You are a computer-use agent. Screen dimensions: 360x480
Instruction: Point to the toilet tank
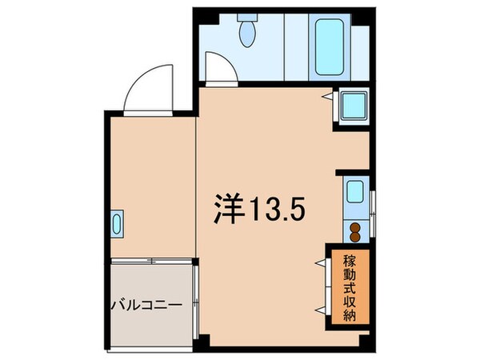pos(246,19)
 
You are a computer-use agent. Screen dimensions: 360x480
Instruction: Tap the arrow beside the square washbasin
pos(329,97)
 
